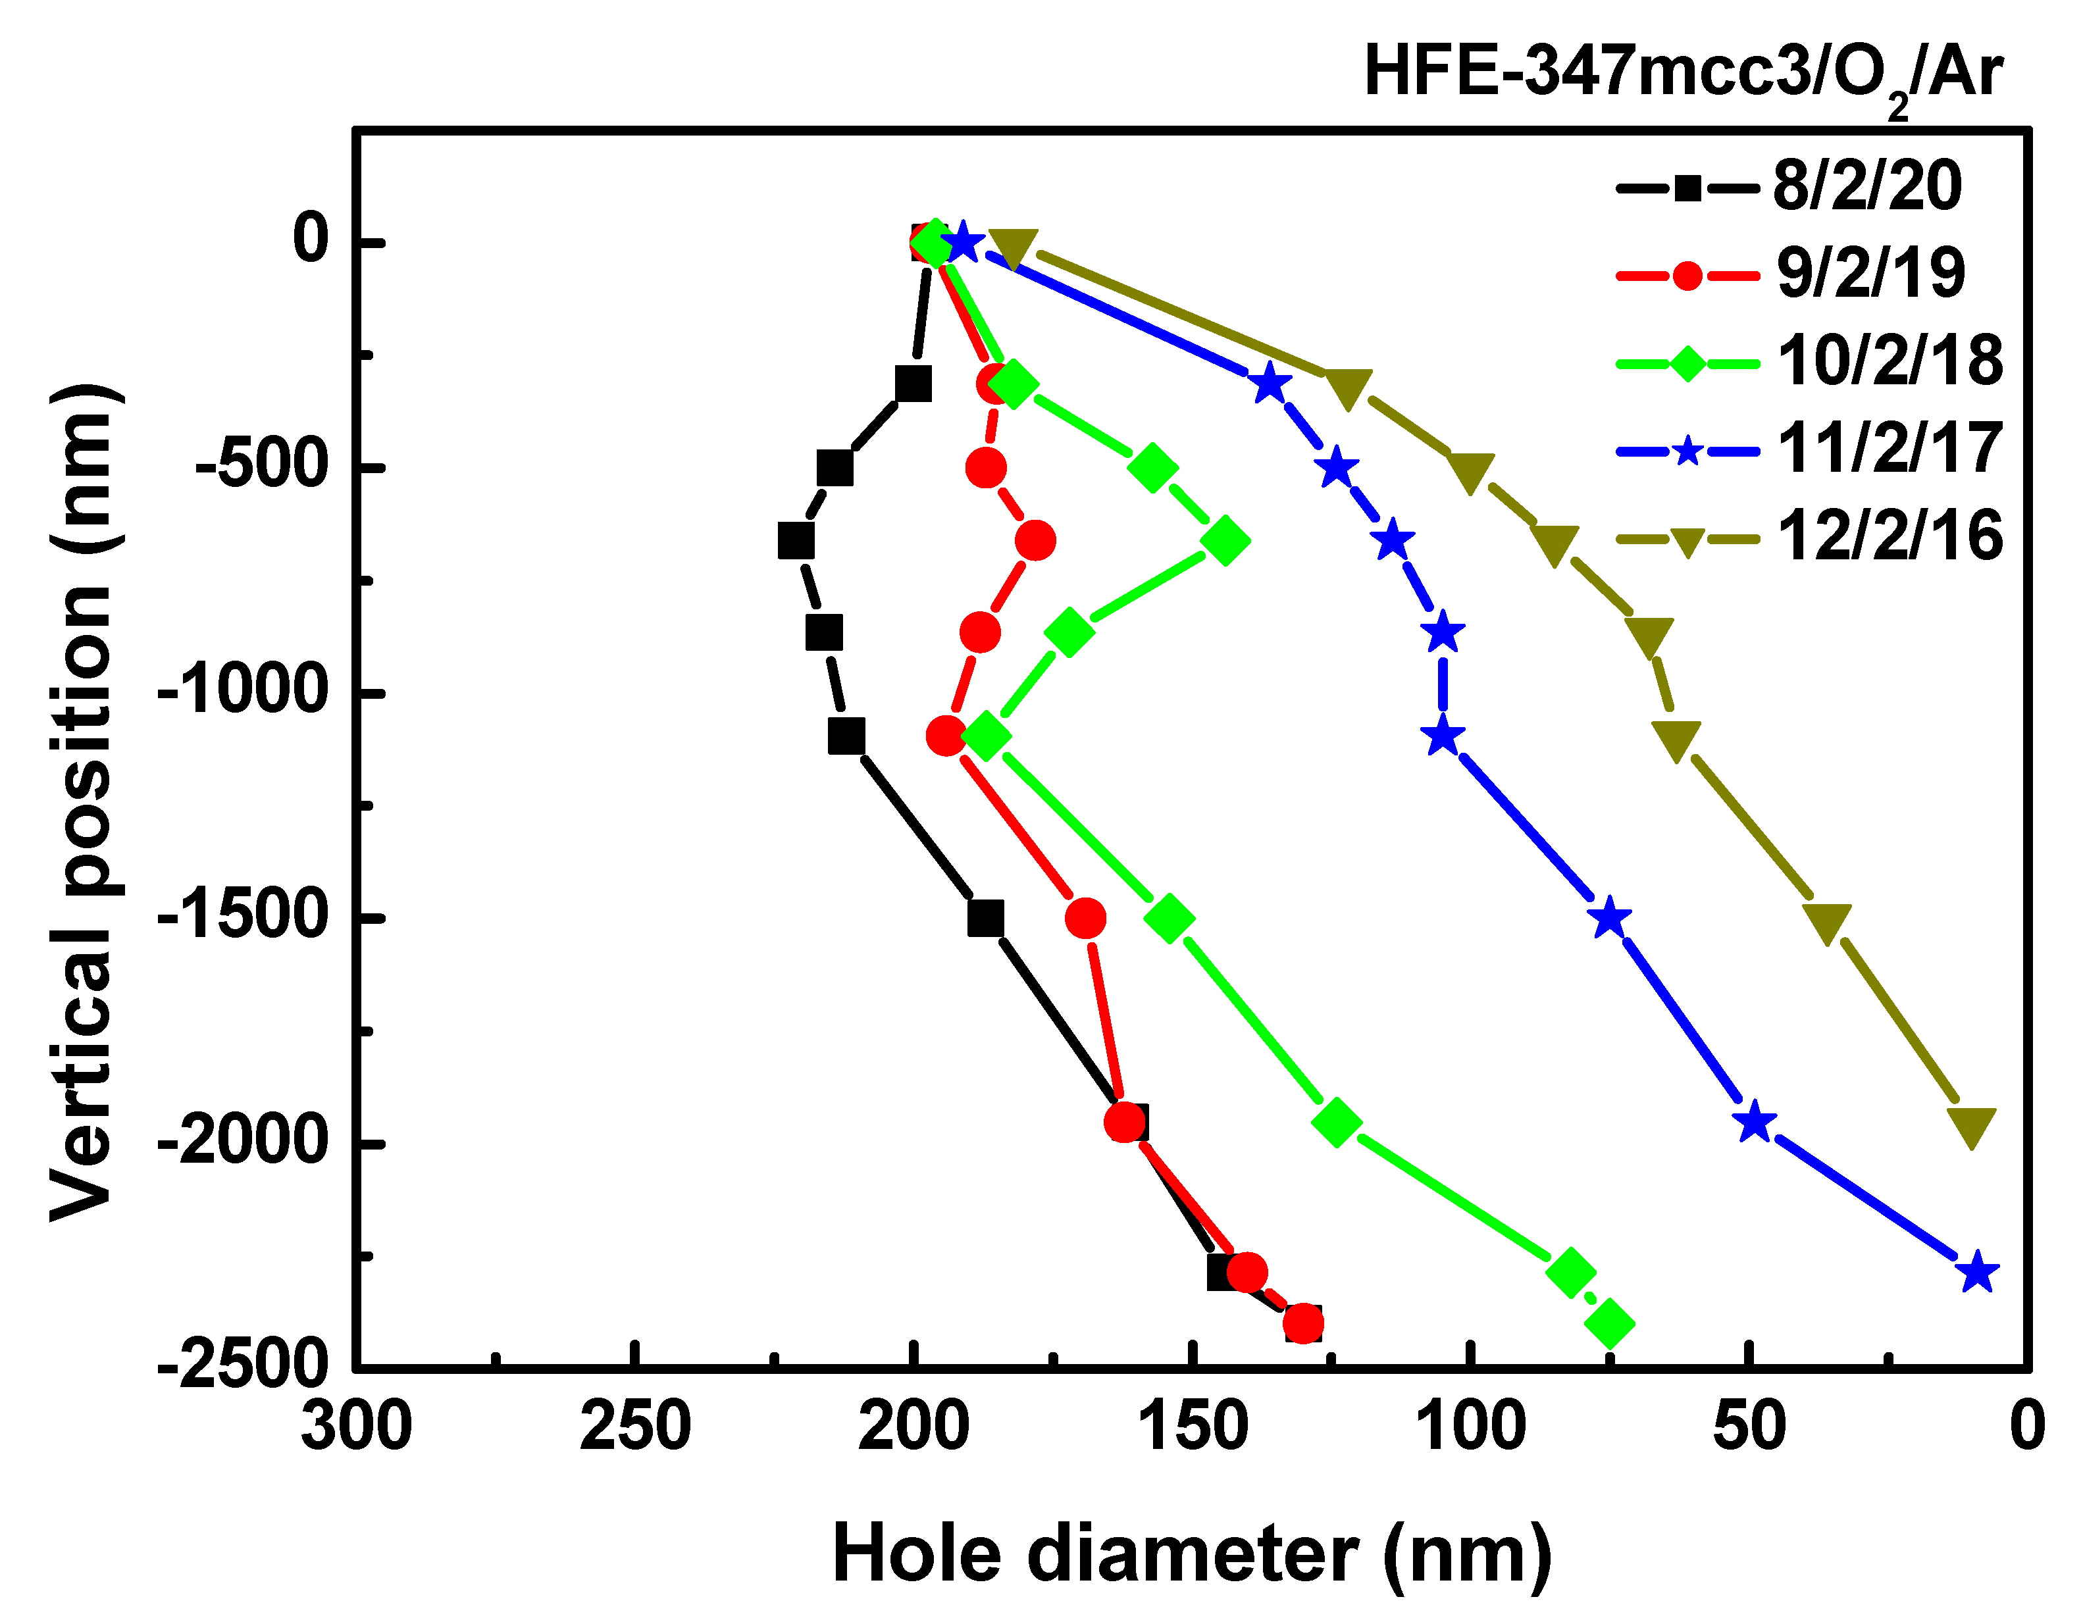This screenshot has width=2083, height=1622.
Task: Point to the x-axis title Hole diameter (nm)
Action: tap(1192, 1554)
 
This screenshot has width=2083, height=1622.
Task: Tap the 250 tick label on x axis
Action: tap(635, 1427)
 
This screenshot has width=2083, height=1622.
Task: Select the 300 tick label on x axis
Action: tap(356, 1427)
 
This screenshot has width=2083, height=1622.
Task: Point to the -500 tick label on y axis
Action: tap(263, 467)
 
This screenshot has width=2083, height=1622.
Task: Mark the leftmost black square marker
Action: tap(796, 541)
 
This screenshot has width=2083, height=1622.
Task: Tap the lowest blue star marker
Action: tap(1977, 1272)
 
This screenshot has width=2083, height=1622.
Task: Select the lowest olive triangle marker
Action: tap(1971, 1127)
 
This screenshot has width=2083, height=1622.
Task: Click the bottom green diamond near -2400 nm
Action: tap(1610, 1323)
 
